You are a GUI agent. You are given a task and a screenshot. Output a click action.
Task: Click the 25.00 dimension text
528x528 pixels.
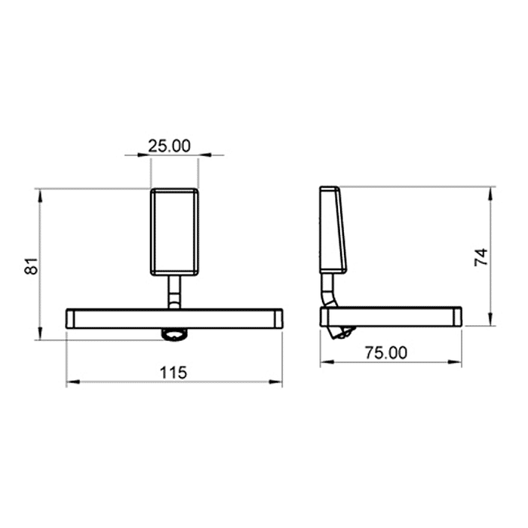(170, 146)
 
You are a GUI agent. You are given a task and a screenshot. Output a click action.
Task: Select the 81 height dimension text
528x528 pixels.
(31, 266)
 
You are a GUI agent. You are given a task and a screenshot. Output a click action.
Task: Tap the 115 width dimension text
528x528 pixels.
(173, 373)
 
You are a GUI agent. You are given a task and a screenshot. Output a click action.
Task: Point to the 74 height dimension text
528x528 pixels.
(481, 257)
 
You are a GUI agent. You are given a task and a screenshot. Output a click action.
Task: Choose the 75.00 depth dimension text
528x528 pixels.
(386, 352)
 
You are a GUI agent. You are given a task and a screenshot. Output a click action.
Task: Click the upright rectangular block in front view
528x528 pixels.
(174, 232)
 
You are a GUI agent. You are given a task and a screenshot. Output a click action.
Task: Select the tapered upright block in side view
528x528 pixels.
(333, 229)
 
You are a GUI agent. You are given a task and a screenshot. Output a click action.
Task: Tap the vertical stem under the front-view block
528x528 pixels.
(174, 292)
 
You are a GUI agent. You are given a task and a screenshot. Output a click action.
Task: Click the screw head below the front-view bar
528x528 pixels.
(175, 334)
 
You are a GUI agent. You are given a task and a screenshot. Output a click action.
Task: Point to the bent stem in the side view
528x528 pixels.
(328, 290)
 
